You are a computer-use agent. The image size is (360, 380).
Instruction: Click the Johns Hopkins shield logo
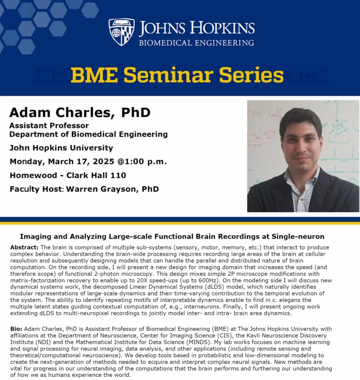121,32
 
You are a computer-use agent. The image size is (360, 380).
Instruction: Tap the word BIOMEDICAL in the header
165,43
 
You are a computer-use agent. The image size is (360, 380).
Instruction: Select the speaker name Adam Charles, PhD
80,112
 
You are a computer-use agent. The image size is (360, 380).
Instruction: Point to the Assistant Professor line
49,125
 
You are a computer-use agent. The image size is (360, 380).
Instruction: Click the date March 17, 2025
81,162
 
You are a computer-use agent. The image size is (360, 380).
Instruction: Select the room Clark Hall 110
96,175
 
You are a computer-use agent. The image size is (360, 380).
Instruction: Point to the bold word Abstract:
24,248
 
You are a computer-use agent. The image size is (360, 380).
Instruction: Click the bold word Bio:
16,329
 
